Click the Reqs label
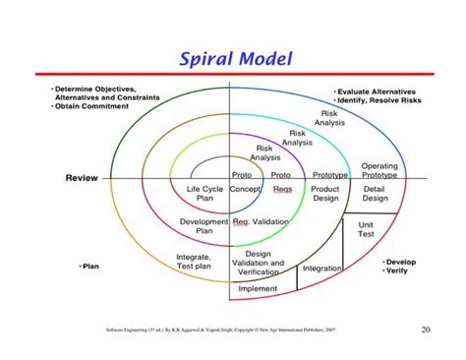(x=283, y=187)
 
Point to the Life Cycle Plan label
(x=204, y=192)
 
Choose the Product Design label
(x=325, y=192)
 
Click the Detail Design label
(x=375, y=192)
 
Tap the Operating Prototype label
(x=379, y=170)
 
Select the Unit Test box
(x=366, y=228)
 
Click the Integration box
(x=321, y=268)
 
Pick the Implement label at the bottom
(x=258, y=289)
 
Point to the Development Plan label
(x=204, y=226)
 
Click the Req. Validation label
(x=262, y=222)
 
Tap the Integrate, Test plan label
(x=193, y=261)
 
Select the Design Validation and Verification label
(x=258, y=264)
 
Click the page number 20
(x=426, y=330)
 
